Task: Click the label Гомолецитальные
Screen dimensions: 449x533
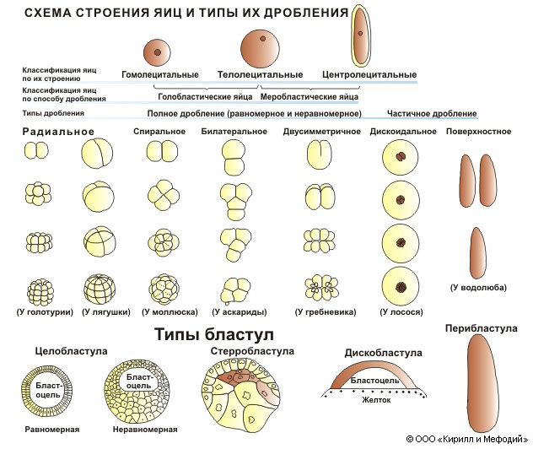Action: point(160,74)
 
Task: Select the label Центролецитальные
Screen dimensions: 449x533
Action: point(369,74)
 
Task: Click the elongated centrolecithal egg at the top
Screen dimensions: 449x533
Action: point(361,35)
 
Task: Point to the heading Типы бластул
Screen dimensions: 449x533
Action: point(213,333)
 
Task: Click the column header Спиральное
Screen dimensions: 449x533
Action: point(159,132)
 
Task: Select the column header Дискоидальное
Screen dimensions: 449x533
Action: point(403,132)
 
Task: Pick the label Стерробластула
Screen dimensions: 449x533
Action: point(252,350)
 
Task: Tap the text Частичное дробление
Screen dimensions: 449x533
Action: point(432,113)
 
